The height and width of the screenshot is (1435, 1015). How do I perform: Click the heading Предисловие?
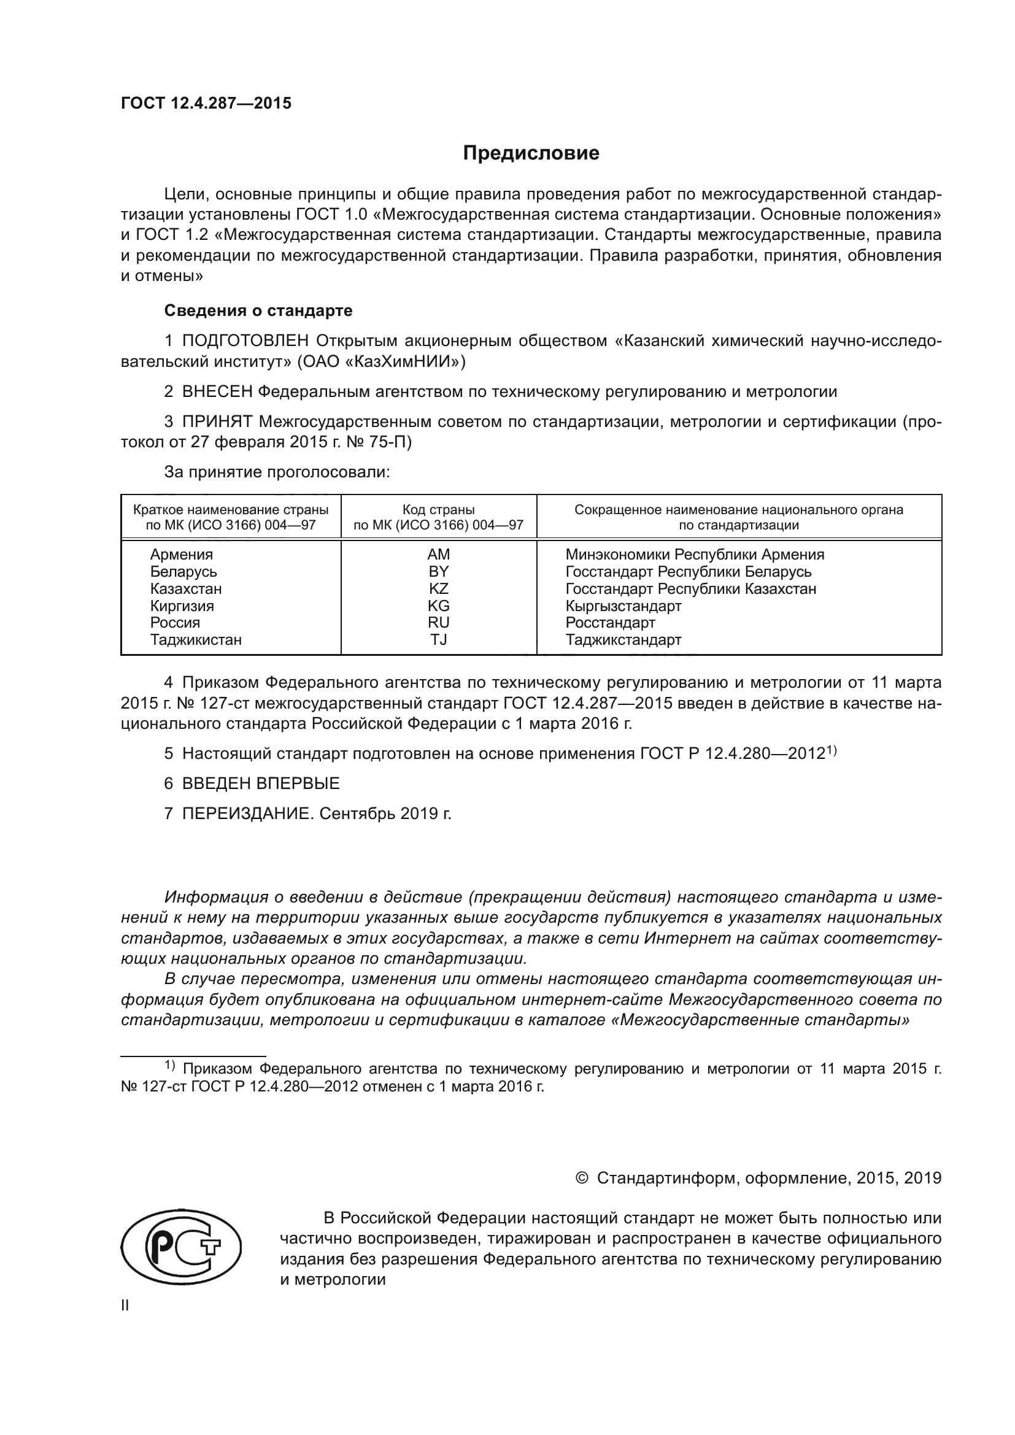coord(531,153)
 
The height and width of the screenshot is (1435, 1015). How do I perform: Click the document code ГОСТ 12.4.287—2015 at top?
coord(206,104)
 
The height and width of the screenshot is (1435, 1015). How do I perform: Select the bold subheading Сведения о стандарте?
coord(258,310)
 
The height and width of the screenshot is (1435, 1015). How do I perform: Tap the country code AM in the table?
coord(438,555)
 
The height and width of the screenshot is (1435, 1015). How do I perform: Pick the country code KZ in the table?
coord(438,589)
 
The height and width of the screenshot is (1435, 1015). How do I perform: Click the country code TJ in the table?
coord(438,639)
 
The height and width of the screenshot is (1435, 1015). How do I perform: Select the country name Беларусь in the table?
coord(183,572)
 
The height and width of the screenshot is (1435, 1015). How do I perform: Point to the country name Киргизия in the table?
coord(182,606)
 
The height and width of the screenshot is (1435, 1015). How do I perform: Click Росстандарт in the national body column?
coord(610,623)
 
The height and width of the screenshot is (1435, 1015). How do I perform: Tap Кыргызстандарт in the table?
coord(623,606)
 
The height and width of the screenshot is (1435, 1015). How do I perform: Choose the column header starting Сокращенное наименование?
coord(738,517)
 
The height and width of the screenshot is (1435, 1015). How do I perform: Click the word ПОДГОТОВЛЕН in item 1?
coord(245,340)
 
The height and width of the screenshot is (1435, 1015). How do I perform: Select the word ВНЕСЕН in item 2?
coord(217,392)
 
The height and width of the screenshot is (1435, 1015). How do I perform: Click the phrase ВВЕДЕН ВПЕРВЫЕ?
coord(261,783)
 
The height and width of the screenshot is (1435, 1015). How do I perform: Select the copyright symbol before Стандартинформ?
coord(581,1178)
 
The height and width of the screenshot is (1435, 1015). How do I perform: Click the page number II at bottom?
coord(125,1305)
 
